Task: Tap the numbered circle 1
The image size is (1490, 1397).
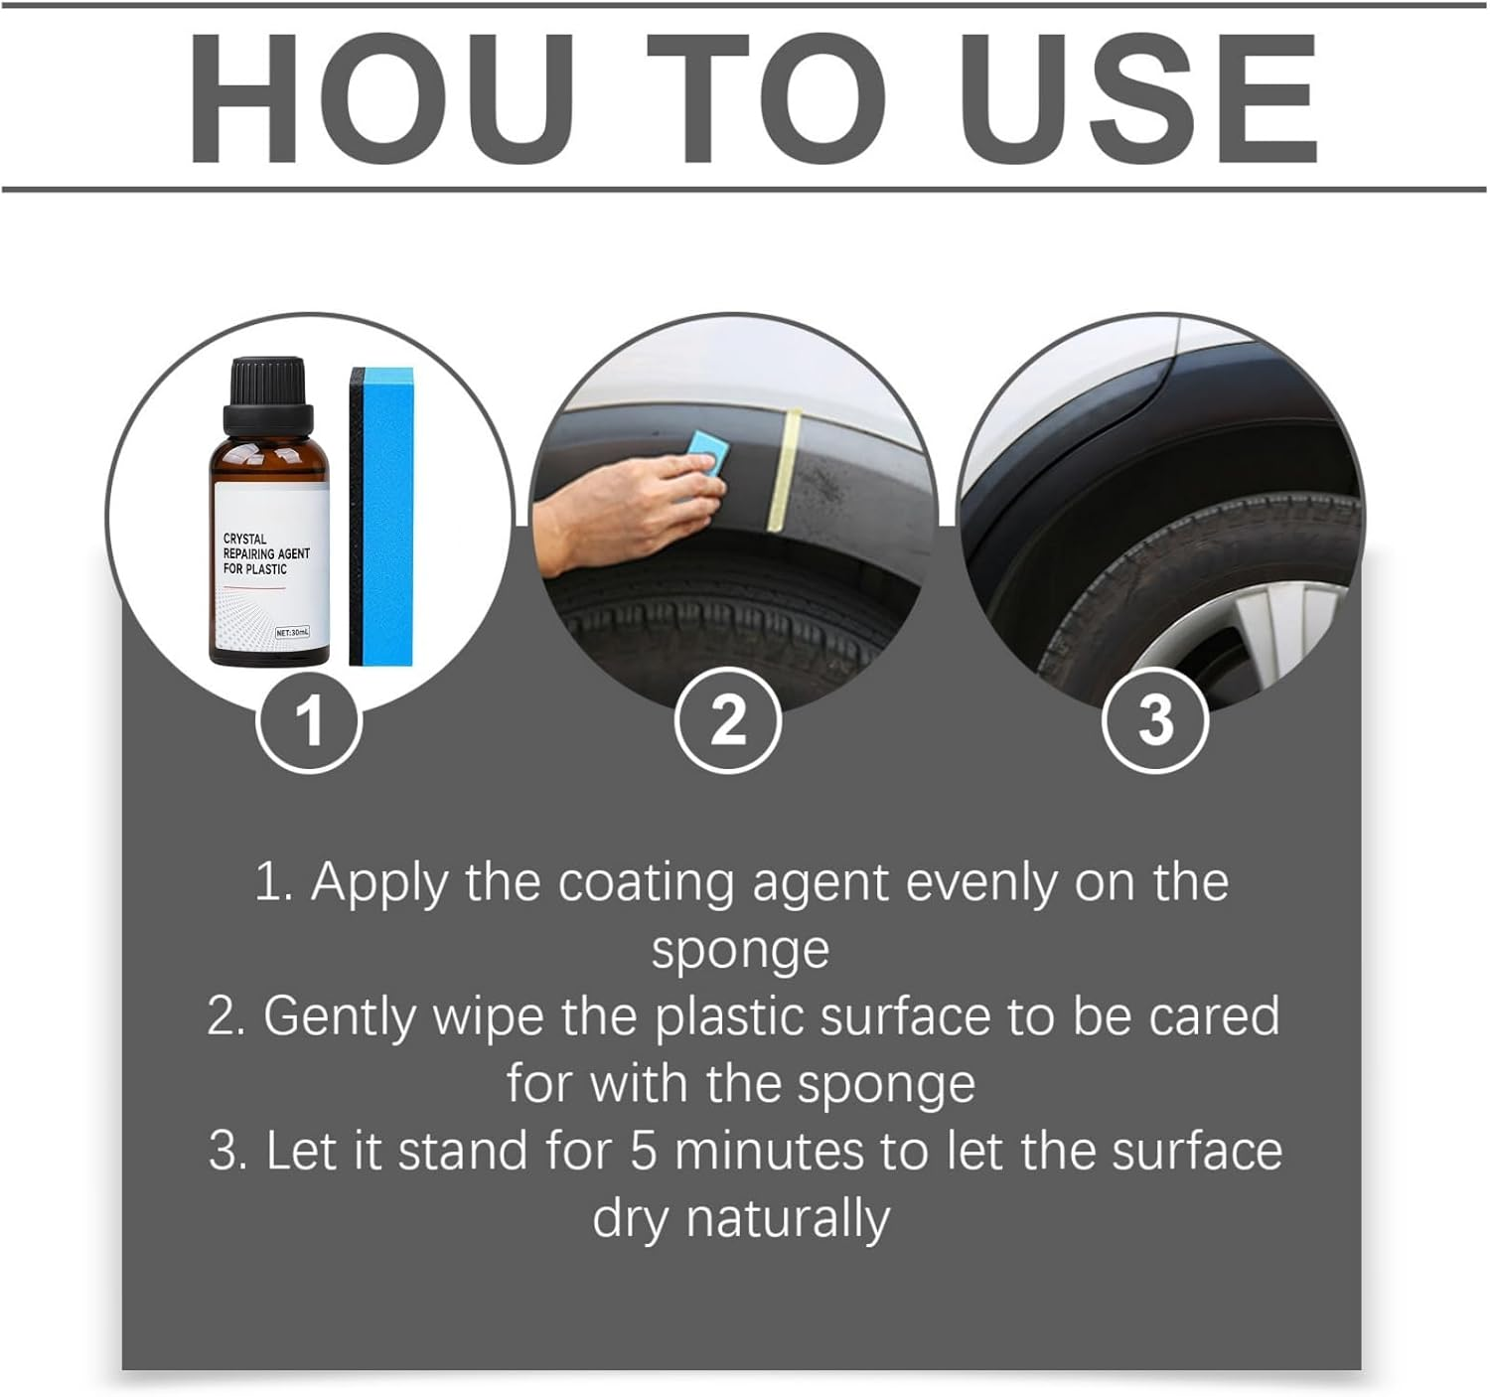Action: [309, 720]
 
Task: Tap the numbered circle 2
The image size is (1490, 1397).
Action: [728, 720]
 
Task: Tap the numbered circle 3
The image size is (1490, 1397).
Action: [1155, 720]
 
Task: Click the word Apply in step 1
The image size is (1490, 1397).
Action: [380, 882]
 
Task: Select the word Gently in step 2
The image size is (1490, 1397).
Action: [338, 1016]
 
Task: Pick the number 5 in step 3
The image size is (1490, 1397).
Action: [644, 1151]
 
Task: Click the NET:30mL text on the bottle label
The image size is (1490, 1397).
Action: [292, 632]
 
